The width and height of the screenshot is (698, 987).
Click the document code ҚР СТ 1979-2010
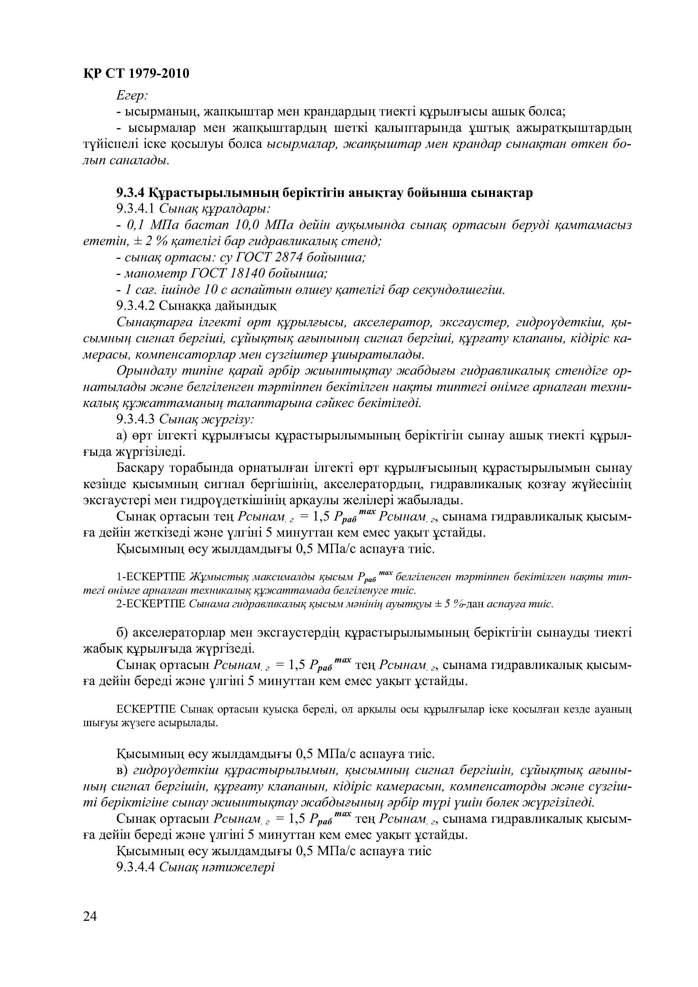pyautogui.click(x=136, y=74)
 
